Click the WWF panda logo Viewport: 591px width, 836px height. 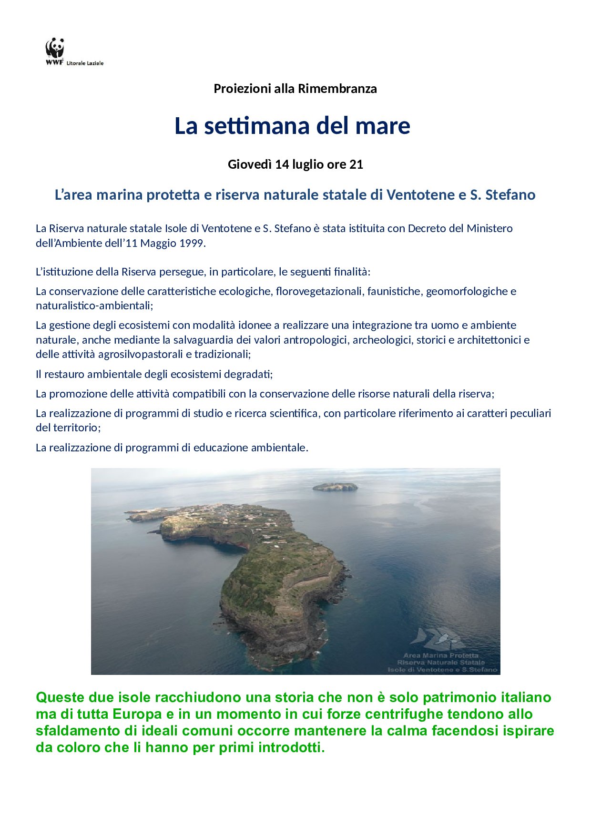55,49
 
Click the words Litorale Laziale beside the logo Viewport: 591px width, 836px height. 85,63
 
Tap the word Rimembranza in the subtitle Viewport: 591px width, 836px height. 337,89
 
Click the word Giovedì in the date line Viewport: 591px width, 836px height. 250,164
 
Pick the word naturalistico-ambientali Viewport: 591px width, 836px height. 94,306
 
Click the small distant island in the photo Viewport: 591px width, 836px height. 335,487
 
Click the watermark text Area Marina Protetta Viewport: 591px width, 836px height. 440,655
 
